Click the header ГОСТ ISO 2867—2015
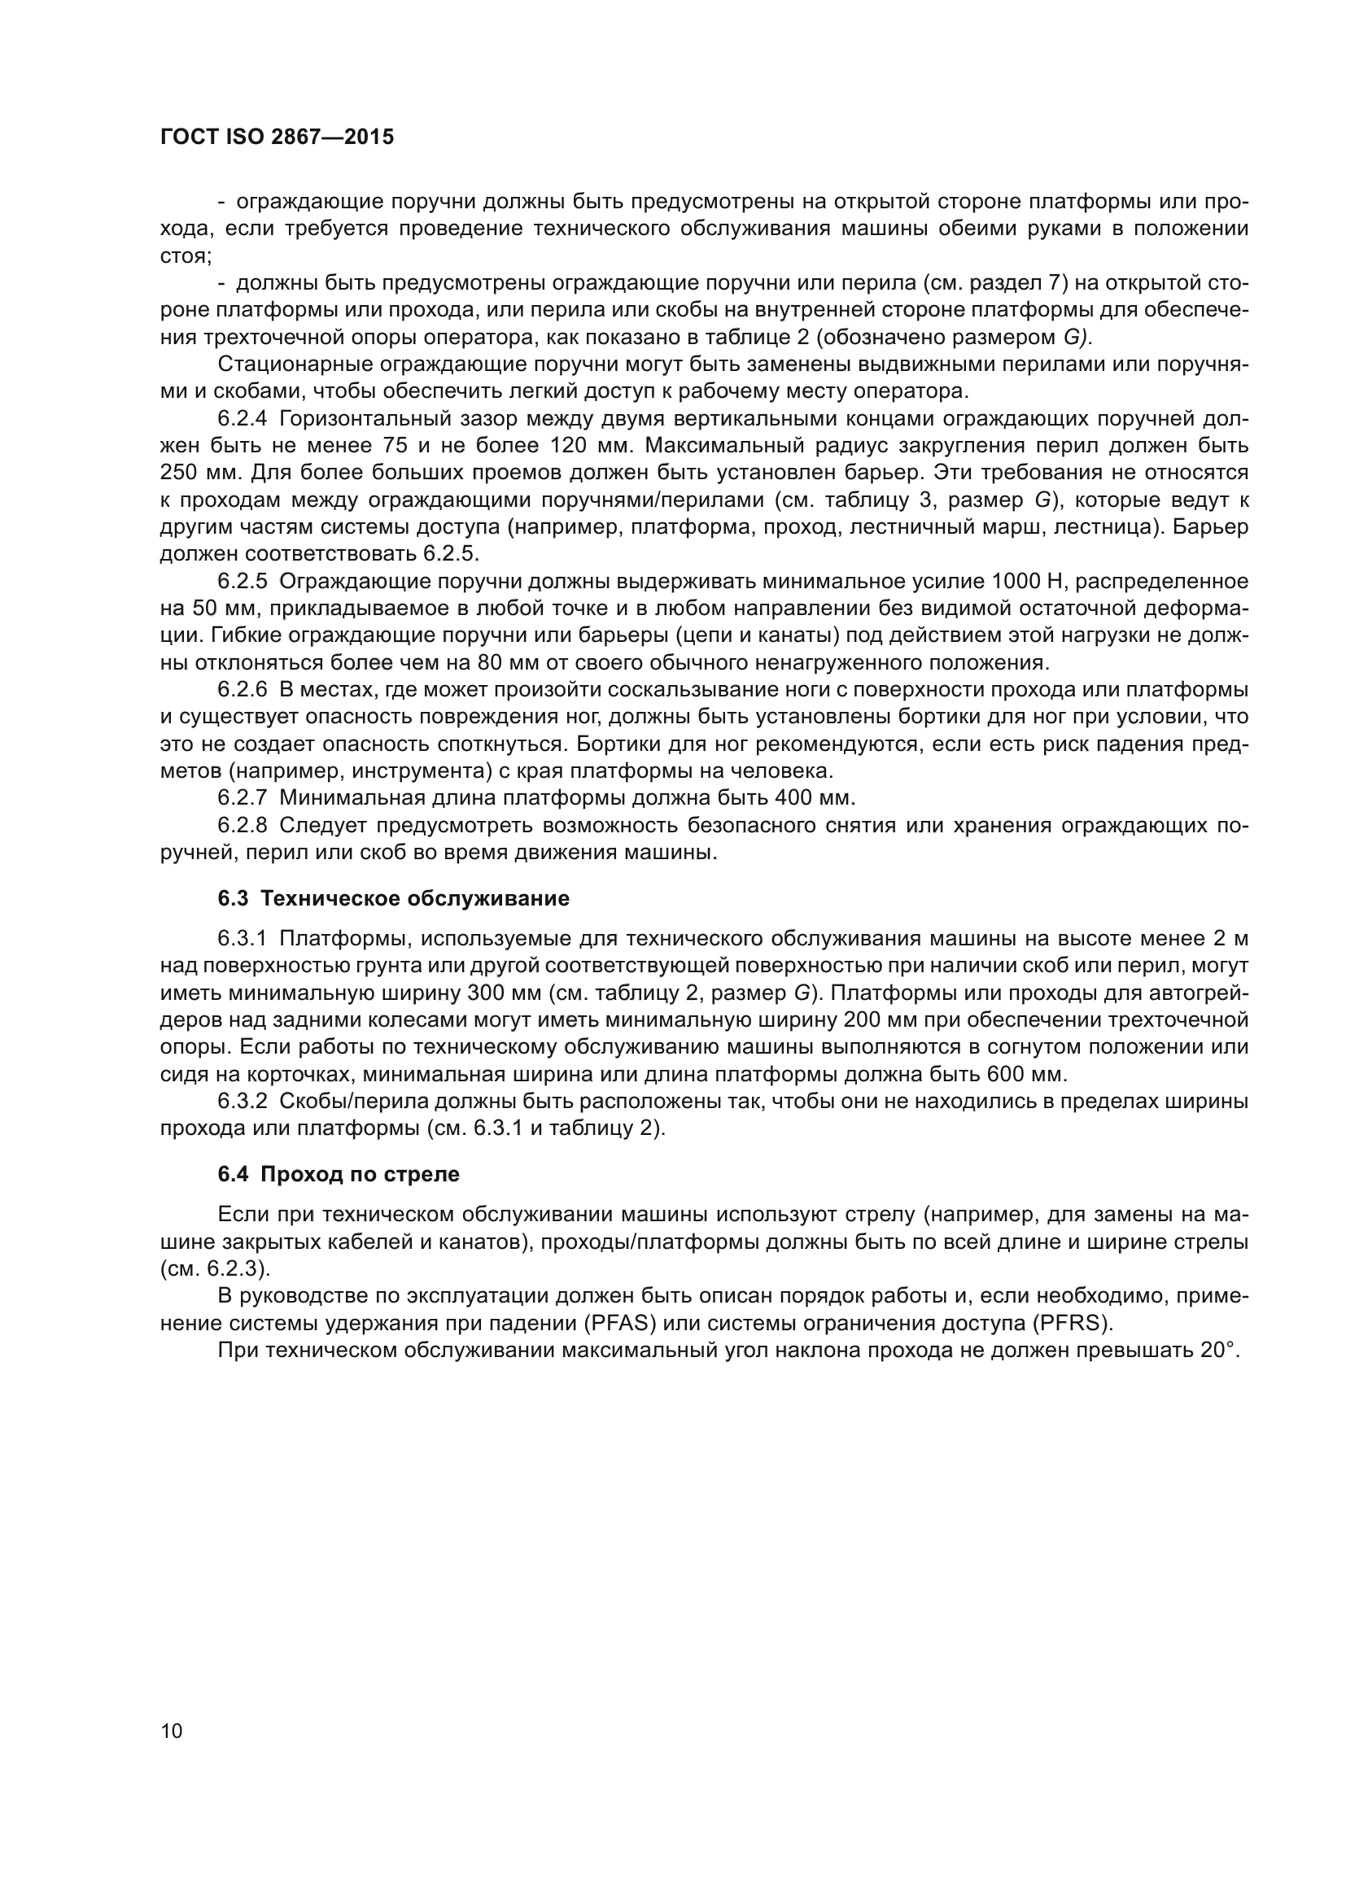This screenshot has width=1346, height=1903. pyautogui.click(x=277, y=137)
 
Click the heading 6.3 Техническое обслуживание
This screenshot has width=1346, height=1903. pyautogui.click(x=394, y=898)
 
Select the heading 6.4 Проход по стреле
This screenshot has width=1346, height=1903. pyautogui.click(x=339, y=1175)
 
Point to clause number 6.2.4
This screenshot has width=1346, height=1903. pyautogui.click(x=242, y=418)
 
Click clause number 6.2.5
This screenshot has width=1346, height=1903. pyautogui.click(x=242, y=581)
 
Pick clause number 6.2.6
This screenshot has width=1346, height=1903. pyautogui.click(x=242, y=690)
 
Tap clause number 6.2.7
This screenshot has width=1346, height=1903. pyautogui.click(x=242, y=798)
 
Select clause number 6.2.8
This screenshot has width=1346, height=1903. pyautogui.click(x=242, y=826)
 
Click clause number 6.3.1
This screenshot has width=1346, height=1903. pyautogui.click(x=242, y=939)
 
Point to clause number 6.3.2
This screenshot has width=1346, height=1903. pyautogui.click(x=242, y=1102)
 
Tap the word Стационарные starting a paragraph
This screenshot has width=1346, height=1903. pyautogui.click(x=290, y=364)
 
